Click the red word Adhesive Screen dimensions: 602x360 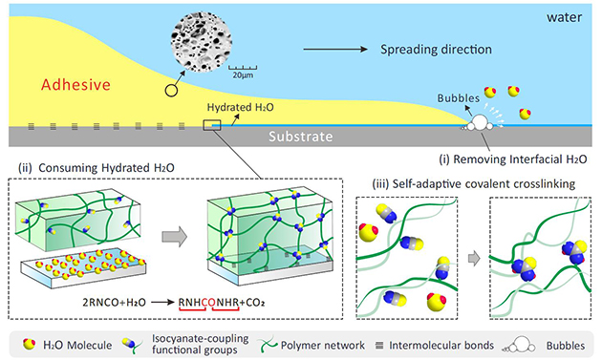point(75,84)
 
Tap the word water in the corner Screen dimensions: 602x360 point(564,17)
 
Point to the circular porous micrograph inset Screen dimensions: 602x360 point(201,41)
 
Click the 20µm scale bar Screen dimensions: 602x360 point(243,68)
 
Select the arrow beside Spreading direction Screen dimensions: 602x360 point(335,49)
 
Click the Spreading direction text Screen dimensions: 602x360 point(436,50)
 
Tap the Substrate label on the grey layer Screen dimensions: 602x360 point(300,137)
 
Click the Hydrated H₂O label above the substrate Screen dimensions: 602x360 point(241,107)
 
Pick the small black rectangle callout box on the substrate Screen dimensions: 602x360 point(212,125)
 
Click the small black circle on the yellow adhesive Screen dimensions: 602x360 point(171,91)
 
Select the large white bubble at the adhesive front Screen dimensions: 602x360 point(479,122)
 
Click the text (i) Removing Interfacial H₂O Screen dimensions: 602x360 point(513,159)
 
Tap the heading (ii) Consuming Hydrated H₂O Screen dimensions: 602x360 point(97,168)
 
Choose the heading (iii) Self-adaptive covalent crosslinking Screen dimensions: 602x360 point(474,184)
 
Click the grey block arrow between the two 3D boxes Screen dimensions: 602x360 point(174,237)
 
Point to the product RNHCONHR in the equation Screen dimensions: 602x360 point(209,303)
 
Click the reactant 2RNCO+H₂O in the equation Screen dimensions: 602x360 point(114,303)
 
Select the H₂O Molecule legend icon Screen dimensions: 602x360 point(29,344)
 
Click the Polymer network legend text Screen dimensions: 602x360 point(323,346)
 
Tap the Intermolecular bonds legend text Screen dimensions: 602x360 point(441,346)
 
